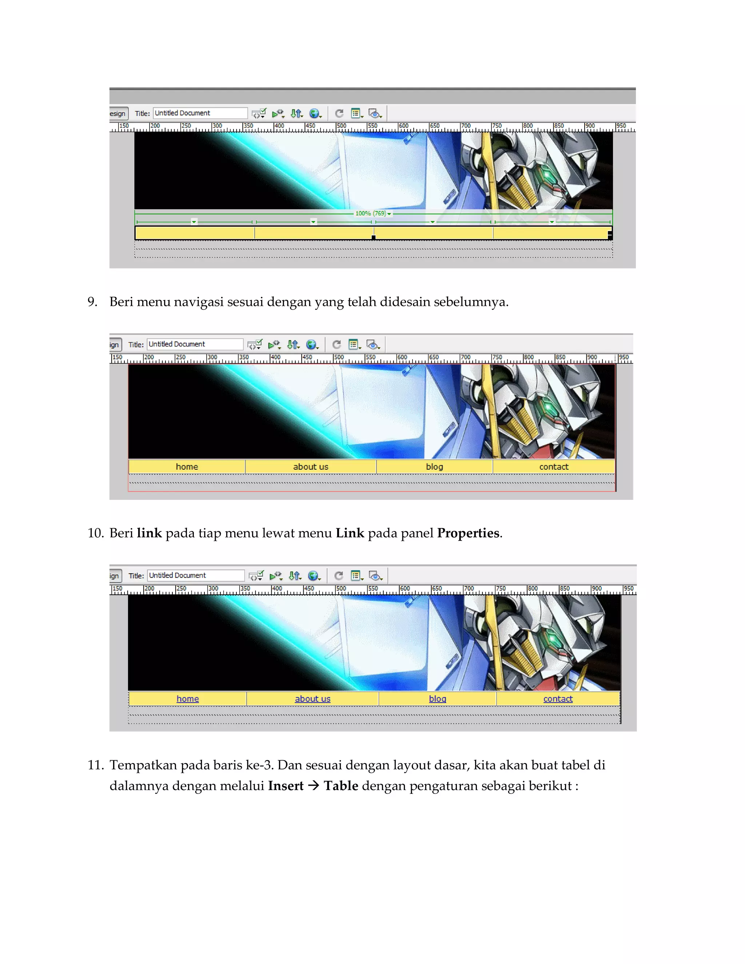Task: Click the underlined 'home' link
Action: tap(188, 699)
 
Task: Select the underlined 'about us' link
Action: tap(312, 699)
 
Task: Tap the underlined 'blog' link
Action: tap(437, 699)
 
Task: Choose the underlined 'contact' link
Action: tap(558, 699)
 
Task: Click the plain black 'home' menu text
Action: tap(187, 467)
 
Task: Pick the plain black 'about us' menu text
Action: tap(311, 467)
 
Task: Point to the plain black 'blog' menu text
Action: tap(434, 467)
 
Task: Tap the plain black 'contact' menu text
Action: tap(554, 467)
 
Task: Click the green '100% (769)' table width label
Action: tap(371, 213)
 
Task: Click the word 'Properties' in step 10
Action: tap(468, 533)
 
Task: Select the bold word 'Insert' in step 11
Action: tap(286, 786)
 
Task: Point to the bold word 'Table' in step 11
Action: tap(341, 786)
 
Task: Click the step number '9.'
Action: tap(92, 302)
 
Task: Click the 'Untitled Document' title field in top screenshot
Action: tap(200, 113)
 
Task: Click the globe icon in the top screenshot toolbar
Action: tap(314, 113)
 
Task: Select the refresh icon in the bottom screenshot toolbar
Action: tap(339, 575)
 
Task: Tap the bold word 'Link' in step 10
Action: tap(350, 533)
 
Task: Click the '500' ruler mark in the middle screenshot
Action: tap(339, 357)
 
